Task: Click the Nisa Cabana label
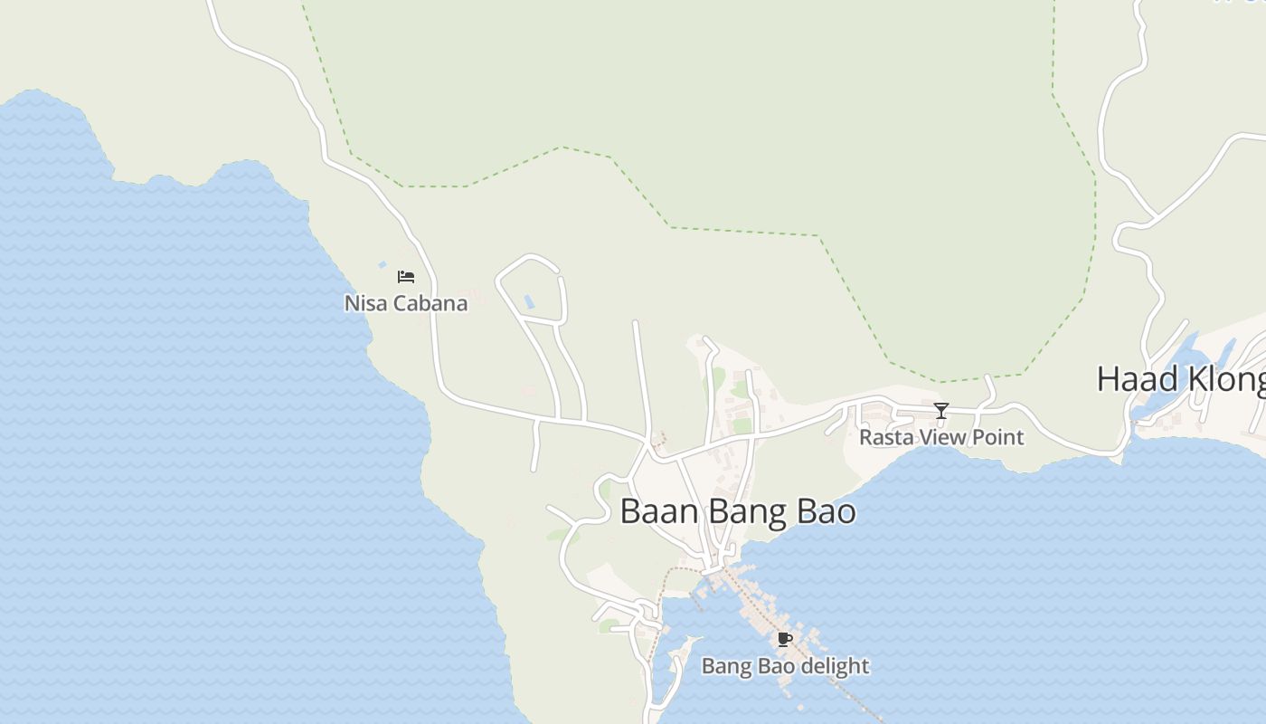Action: pos(406,303)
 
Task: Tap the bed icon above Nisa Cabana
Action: pos(406,277)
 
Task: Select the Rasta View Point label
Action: pos(941,437)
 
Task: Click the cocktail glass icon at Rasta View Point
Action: pos(941,411)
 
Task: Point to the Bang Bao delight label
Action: pos(785,666)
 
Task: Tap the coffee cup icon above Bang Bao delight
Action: pos(785,640)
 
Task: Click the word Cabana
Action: pos(430,303)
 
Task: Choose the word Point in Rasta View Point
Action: pos(997,437)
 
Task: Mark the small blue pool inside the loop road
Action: pos(529,300)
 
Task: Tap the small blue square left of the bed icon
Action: pos(383,264)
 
